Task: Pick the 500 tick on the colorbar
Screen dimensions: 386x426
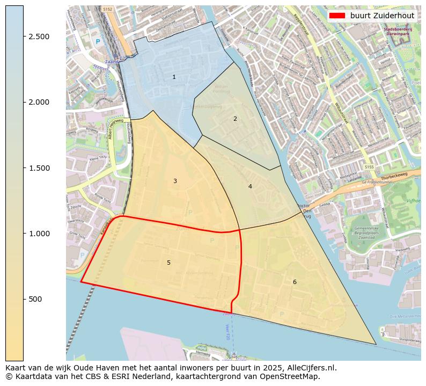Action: coord(36,299)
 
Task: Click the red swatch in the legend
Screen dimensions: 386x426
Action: coord(337,16)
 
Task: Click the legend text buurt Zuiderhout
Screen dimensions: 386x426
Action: coord(382,16)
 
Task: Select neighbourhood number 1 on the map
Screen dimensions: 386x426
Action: coord(174,77)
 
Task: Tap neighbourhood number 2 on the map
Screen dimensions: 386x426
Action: coord(235,119)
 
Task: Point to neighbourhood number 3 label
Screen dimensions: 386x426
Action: coord(175,181)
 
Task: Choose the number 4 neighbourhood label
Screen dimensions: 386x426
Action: coord(250,186)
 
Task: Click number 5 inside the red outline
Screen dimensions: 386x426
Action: coord(168,263)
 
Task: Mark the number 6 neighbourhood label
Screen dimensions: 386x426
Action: coord(295,282)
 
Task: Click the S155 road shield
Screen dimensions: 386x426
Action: coord(369,167)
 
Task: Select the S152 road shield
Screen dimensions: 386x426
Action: coord(108,9)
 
